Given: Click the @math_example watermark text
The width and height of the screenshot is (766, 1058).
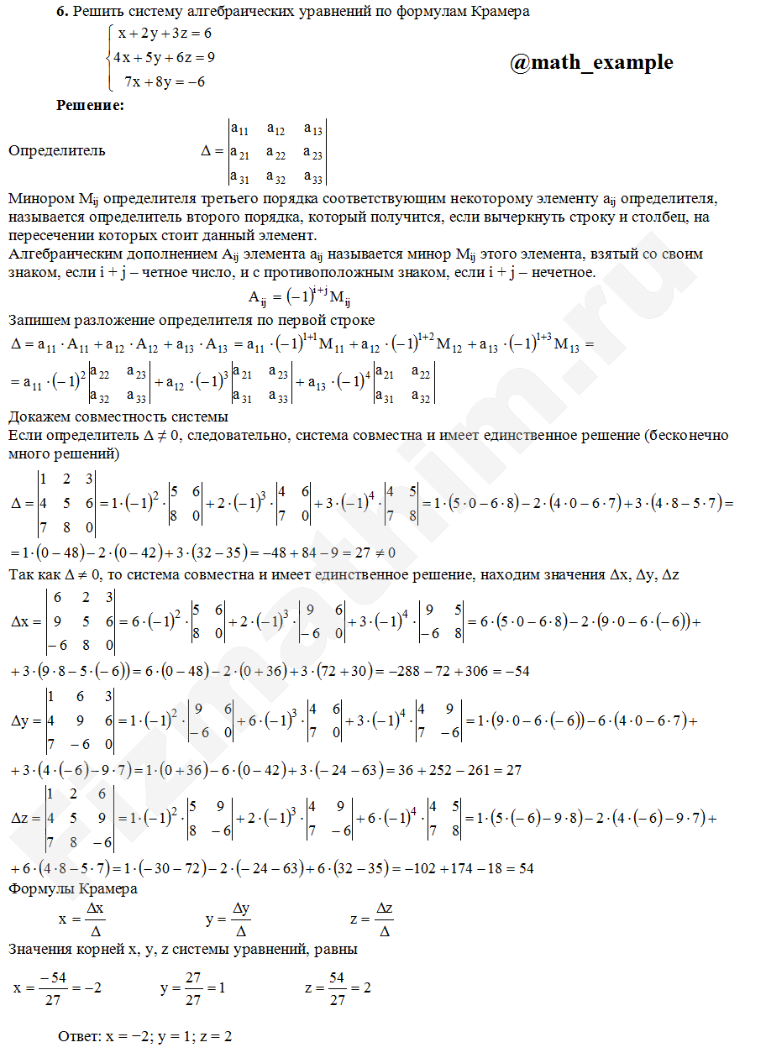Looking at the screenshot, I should pos(591,62).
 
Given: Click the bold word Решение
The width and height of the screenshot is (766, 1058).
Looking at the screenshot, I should pos(90,106).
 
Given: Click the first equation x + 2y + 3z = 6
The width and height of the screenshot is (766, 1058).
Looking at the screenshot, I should pos(165,34).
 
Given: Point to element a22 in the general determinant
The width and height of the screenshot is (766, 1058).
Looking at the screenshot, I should pos(275,153).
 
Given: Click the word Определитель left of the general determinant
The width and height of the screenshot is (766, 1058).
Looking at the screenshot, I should pos(57,151).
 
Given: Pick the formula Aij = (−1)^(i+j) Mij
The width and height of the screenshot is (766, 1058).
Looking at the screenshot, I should pos(299,297).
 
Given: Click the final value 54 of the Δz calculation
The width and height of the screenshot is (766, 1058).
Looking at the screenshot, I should pos(525,867).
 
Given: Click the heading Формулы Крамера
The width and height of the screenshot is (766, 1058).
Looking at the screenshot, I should pos(73,888).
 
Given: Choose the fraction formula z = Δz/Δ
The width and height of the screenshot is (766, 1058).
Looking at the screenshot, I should pos(373,919).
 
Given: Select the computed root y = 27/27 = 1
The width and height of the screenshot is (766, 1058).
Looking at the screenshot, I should pos(192,988).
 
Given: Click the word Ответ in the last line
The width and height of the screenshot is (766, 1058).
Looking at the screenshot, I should pos(79,1036).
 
